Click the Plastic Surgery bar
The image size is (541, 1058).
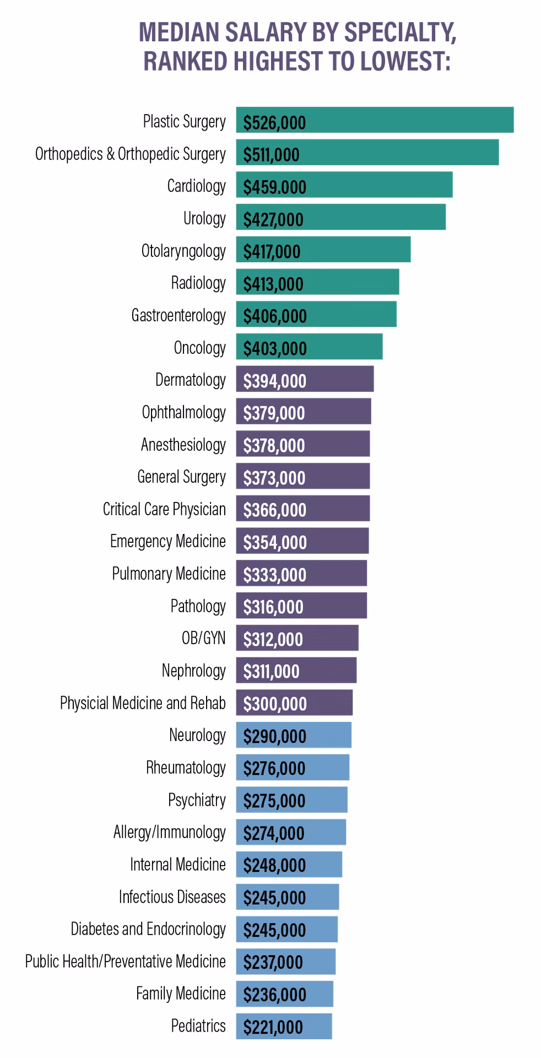pyautogui.click(x=375, y=120)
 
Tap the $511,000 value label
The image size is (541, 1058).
pyautogui.click(x=272, y=154)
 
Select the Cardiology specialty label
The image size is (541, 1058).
pyautogui.click(x=196, y=186)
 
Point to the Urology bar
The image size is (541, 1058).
pyautogui.click(x=340, y=217)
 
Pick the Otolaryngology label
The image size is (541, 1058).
pyautogui.click(x=183, y=251)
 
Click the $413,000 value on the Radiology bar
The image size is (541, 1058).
pyautogui.click(x=273, y=284)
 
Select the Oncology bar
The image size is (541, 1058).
pyautogui.click(x=309, y=347)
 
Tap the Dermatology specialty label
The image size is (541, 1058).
pyautogui.click(x=190, y=380)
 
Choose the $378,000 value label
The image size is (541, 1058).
pyautogui.click(x=274, y=445)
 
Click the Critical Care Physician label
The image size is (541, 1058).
pyautogui.click(x=164, y=509)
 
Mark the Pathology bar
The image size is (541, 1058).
pyautogui.click(x=301, y=606)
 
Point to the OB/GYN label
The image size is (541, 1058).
pyautogui.click(x=203, y=638)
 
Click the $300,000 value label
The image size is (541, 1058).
pyautogui.click(x=275, y=703)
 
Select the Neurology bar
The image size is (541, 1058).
pyautogui.click(x=294, y=735)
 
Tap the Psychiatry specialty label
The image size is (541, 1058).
pyautogui.click(x=197, y=800)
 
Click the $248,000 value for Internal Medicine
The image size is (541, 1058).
pyautogui.click(x=274, y=865)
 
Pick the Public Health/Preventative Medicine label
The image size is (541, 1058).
pyautogui.click(x=125, y=962)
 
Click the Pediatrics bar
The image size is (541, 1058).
pyautogui.click(x=284, y=1026)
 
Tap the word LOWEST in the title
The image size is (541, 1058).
pyautogui.click(x=405, y=61)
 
